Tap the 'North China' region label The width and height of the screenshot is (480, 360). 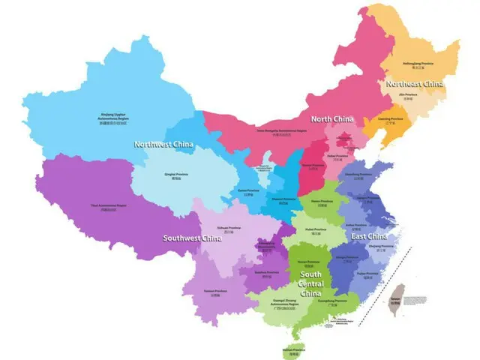332,119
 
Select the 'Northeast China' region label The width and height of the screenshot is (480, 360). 415,84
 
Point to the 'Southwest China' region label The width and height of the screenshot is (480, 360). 193,238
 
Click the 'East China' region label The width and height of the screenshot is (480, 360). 370,237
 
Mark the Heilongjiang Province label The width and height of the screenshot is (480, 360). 419,64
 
